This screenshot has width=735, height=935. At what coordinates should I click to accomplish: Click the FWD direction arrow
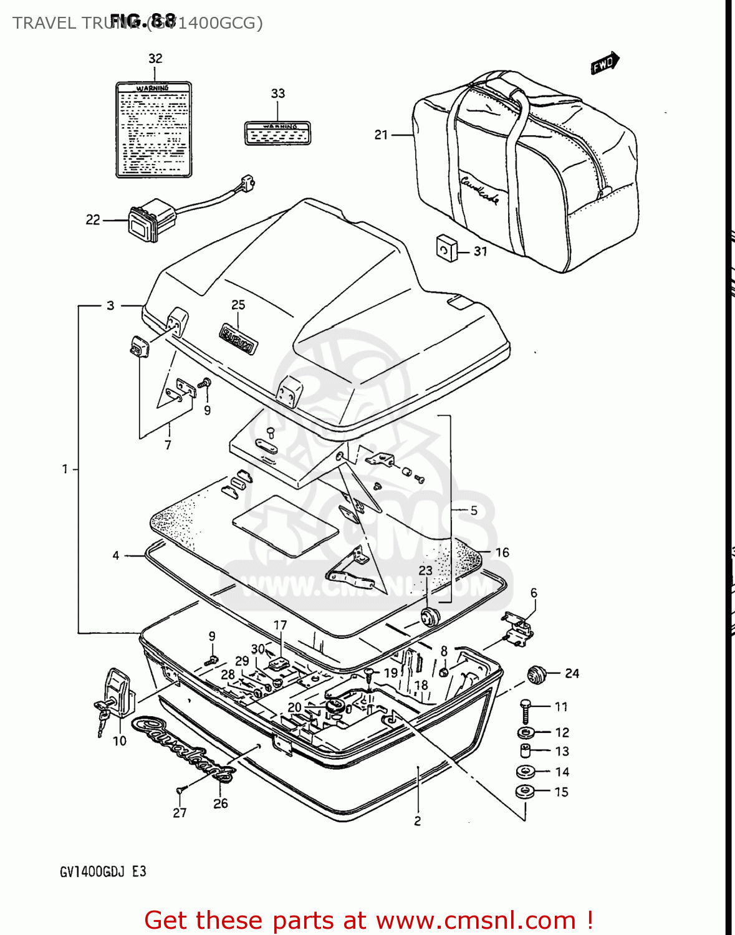click(603, 63)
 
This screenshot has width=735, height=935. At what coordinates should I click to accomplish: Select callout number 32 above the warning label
click(155, 59)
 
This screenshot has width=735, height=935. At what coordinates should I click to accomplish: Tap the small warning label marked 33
click(277, 133)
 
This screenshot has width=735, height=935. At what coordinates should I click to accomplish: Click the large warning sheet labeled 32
click(153, 130)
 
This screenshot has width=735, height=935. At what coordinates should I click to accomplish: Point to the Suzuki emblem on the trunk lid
click(238, 338)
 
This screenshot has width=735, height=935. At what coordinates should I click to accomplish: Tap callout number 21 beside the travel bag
click(381, 135)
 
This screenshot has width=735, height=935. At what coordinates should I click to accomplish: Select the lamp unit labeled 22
click(150, 220)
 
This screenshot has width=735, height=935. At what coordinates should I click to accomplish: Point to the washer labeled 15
click(526, 792)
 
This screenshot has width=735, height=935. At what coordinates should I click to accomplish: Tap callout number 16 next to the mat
click(502, 552)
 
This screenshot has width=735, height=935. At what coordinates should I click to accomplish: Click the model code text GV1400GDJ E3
click(103, 871)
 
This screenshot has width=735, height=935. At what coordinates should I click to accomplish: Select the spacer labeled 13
click(526, 750)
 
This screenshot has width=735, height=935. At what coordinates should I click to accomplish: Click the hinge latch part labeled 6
click(517, 628)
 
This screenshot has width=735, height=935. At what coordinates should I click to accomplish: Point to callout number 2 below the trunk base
click(417, 821)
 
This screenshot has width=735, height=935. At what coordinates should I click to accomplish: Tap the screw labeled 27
click(180, 790)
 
